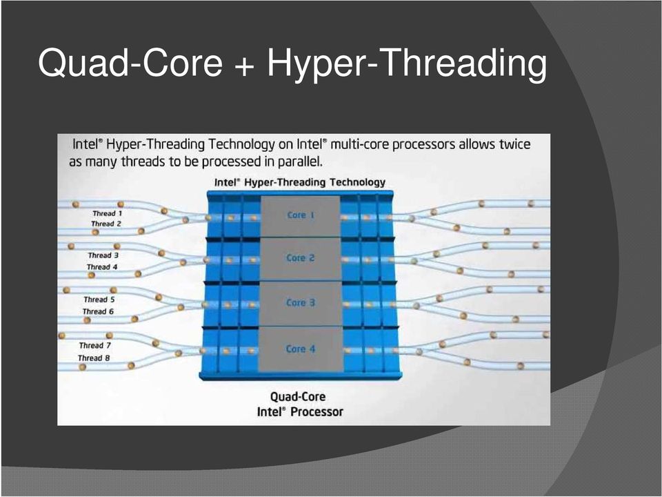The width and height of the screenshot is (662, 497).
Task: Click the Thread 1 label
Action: (x=108, y=213)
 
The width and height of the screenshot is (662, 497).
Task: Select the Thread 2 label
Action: (x=106, y=224)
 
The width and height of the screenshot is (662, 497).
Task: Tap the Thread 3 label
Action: (x=103, y=255)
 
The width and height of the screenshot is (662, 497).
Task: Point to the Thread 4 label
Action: (x=102, y=267)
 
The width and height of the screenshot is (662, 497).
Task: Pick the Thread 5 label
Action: (x=99, y=300)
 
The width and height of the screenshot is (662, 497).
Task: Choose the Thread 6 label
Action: (x=98, y=311)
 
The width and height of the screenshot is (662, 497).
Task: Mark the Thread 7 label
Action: (x=95, y=346)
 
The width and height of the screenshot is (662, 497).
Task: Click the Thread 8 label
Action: (x=94, y=358)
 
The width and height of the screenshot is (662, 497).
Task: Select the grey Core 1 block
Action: (x=300, y=216)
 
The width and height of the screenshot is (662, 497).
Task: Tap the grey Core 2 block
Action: (x=300, y=259)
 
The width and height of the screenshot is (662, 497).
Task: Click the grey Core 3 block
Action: (x=300, y=303)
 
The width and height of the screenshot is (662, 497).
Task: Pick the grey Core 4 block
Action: (x=300, y=349)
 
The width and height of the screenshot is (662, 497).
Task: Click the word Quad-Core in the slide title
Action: (x=130, y=63)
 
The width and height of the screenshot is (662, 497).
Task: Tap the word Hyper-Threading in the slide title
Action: (x=407, y=64)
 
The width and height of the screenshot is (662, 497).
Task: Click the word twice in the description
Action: (x=514, y=144)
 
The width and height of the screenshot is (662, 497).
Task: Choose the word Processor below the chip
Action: (x=317, y=411)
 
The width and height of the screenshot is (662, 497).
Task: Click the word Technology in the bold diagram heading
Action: (x=357, y=182)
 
